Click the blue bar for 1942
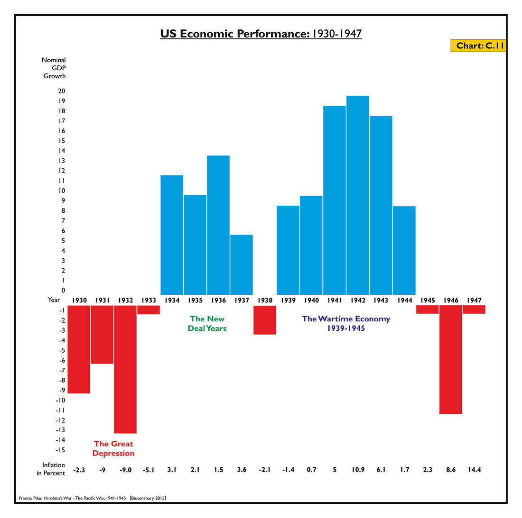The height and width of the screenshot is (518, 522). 357,195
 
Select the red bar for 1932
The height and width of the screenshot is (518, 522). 125,369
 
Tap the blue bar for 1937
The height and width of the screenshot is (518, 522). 242,264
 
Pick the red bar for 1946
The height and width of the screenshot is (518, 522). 450,359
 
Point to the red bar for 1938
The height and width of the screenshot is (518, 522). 265,320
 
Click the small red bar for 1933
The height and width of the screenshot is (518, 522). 149,309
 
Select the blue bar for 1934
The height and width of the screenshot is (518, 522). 172,235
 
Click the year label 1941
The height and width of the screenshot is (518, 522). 335,300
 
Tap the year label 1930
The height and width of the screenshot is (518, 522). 79,300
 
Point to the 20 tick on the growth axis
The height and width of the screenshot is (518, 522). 62,91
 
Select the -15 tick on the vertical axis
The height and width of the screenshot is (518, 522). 60,450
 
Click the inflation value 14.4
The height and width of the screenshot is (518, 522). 474,470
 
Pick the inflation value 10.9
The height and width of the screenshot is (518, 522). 358,470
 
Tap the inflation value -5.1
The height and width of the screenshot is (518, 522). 149,470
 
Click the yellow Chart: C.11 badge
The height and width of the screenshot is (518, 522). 478,45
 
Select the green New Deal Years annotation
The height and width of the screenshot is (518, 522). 207,324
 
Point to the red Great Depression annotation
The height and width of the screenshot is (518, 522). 113,448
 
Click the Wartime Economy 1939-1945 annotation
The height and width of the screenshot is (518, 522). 346,323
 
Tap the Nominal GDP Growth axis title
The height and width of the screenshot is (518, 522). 54,68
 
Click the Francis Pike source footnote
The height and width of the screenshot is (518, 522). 93,498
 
